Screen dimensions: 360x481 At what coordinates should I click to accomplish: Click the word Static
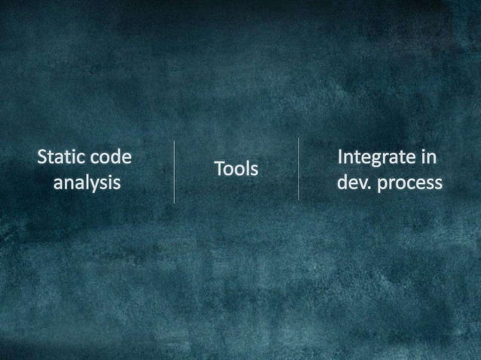[61, 157]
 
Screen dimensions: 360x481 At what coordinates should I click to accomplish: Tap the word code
[110, 157]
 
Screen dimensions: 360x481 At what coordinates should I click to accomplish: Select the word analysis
[87, 182]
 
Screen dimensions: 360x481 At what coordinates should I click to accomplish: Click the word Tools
[235, 169]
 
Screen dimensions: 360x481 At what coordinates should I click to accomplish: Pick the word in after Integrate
[430, 157]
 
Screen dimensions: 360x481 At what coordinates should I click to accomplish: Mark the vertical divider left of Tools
[174, 171]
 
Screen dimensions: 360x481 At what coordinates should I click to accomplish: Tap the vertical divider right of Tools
[299, 169]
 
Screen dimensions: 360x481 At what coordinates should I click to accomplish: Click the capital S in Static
[43, 157]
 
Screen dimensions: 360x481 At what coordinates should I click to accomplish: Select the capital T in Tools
[219, 169]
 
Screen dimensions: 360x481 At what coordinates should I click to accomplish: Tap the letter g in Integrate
[380, 160]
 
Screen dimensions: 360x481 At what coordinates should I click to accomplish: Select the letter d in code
[115, 157]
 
